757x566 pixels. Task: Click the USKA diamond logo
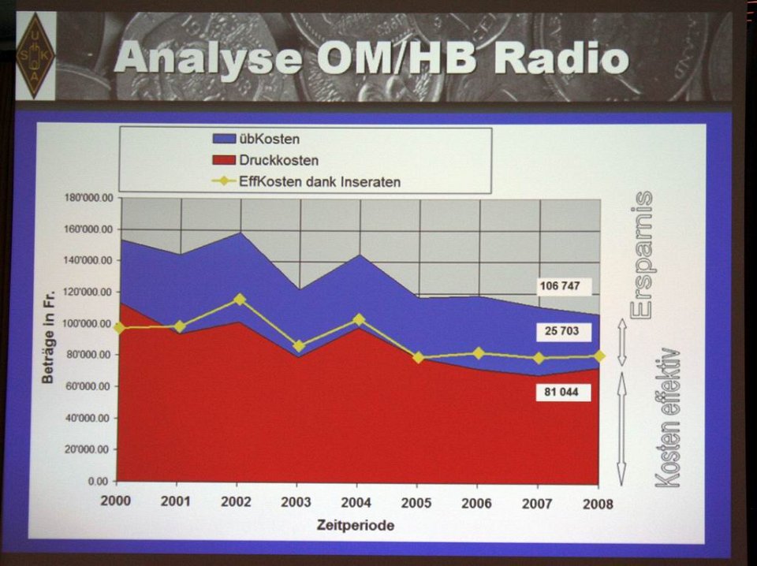[35, 56]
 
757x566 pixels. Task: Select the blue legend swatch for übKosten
[224, 139]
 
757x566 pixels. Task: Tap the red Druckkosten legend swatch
[224, 160]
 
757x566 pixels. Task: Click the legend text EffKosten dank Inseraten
[319, 182]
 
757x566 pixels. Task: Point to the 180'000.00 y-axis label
[88, 197]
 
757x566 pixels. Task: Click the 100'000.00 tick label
[88, 323]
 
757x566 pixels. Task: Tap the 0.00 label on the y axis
[99, 481]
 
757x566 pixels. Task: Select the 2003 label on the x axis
[296, 502]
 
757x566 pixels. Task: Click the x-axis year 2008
[598, 505]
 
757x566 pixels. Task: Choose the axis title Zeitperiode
[356, 525]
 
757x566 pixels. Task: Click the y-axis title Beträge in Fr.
[48, 337]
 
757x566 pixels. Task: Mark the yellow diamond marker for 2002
[240, 300]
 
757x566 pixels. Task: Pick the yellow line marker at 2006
[479, 353]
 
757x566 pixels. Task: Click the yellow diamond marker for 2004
[359, 319]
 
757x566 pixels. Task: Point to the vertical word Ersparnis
[643, 255]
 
